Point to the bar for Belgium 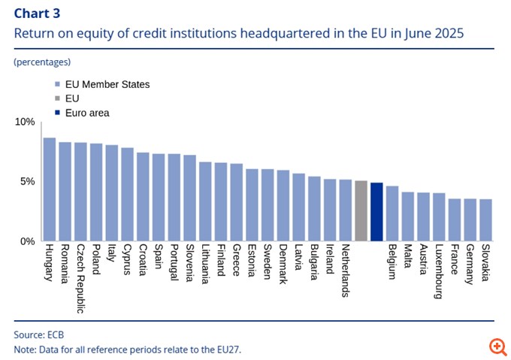click(x=392, y=213)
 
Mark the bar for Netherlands click(x=345, y=210)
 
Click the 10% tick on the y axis click(x=25, y=122)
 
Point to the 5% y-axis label click(x=27, y=182)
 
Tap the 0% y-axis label click(x=27, y=241)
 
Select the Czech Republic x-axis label click(x=80, y=278)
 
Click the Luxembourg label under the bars click(x=439, y=272)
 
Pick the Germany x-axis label click(x=470, y=265)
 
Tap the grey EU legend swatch click(x=58, y=98)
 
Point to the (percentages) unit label click(x=42, y=62)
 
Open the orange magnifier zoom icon click(x=497, y=346)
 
